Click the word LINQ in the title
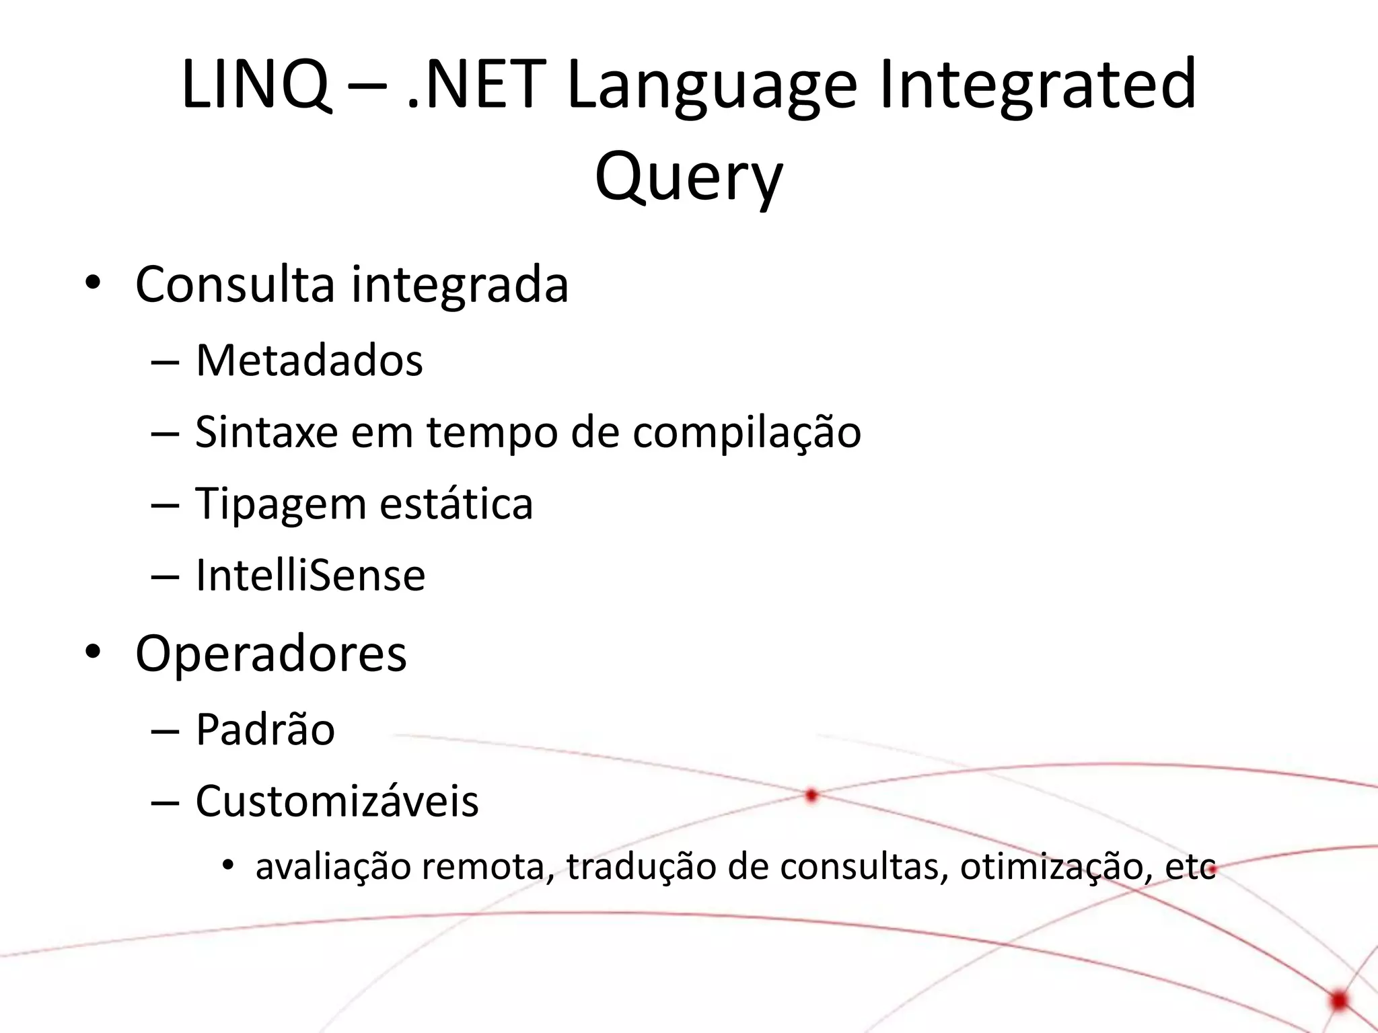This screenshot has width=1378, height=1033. (x=256, y=85)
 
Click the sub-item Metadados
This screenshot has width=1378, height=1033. (x=309, y=361)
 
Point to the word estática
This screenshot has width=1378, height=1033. (x=456, y=504)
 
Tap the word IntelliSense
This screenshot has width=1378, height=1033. (x=310, y=576)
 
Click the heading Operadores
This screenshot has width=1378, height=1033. (x=271, y=653)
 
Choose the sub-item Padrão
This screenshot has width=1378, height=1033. (x=265, y=729)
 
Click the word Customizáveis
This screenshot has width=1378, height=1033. (x=337, y=801)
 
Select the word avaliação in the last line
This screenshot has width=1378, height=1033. (x=333, y=868)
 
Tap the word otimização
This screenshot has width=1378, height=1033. (x=1051, y=868)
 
